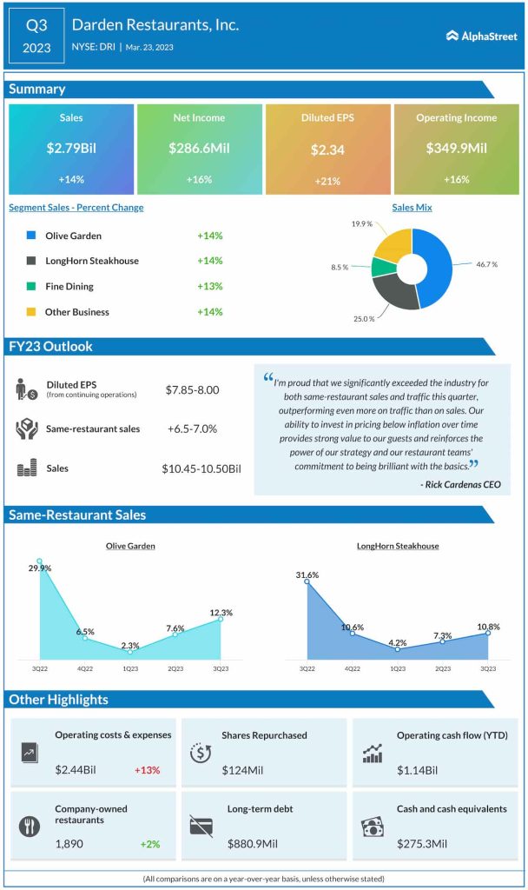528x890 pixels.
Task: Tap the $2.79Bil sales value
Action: (x=71, y=149)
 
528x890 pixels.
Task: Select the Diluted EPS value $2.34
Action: (x=327, y=149)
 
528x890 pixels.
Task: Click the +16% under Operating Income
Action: (x=456, y=180)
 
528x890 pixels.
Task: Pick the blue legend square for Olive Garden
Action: (x=31, y=236)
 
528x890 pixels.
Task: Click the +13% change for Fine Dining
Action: (x=209, y=286)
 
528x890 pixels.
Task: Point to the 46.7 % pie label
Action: (x=485, y=263)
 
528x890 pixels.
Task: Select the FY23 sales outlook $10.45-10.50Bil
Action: (x=201, y=469)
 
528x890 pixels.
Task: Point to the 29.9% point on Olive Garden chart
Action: (x=39, y=562)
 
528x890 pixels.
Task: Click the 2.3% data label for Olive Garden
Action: (x=129, y=644)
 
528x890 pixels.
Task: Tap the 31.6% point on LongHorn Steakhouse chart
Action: (x=307, y=581)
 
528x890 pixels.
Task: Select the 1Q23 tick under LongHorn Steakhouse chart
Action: (x=397, y=669)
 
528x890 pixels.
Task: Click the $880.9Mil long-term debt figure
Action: (x=254, y=843)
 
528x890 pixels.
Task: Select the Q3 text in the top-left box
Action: (x=36, y=26)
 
